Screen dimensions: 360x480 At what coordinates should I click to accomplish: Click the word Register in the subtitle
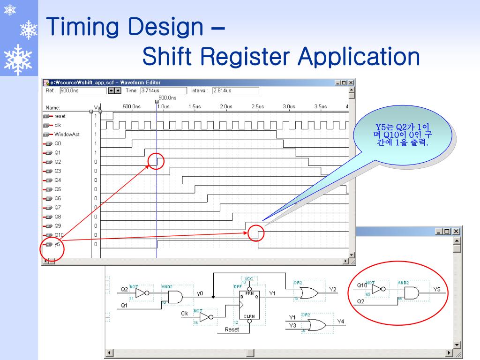pos(248,57)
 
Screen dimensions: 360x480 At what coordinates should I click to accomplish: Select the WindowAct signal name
pos(67,134)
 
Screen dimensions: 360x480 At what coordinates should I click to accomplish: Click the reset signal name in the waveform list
pos(60,116)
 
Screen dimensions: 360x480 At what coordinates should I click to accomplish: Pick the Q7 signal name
pos(58,207)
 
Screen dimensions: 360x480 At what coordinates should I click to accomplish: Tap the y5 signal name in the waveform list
pos(57,244)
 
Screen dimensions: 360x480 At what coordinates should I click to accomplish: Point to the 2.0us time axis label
pos(226,106)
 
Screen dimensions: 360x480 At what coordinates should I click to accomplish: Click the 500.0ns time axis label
pos(132,106)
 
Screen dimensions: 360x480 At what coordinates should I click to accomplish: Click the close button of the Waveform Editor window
pos(351,82)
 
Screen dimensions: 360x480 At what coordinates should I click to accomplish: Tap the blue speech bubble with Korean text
pos(405,137)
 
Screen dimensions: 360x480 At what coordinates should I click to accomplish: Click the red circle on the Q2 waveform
pos(157,161)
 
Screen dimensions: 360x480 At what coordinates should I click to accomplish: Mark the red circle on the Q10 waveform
pos(256,232)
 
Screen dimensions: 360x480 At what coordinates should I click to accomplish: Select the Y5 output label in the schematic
pos(437,290)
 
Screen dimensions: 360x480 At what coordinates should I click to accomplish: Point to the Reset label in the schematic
pos(232,330)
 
